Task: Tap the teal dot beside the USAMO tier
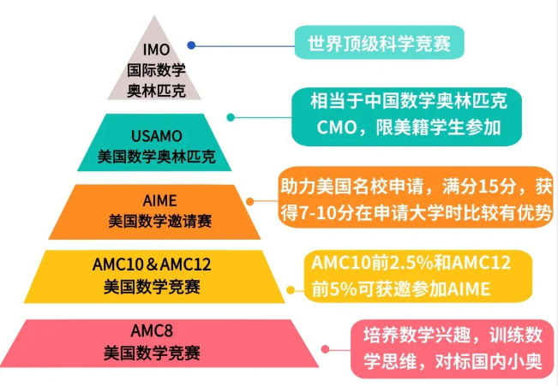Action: click(230, 116)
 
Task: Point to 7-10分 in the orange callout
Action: click(327, 211)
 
